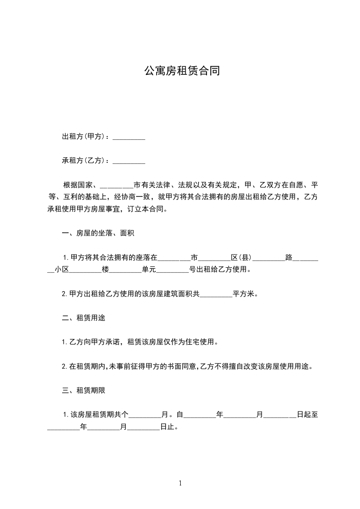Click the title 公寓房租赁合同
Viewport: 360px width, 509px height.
(x=182, y=71)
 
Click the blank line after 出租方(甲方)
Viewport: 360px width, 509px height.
(x=128, y=137)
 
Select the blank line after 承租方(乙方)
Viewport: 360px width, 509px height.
(x=128, y=161)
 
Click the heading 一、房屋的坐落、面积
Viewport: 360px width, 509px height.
(x=98, y=234)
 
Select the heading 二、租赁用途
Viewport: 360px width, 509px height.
(x=83, y=318)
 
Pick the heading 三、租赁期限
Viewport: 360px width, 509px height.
(x=83, y=390)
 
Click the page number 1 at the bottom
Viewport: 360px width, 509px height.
(x=180, y=483)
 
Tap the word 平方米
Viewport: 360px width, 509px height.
(x=245, y=294)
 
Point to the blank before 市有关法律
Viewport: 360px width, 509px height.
(x=116, y=186)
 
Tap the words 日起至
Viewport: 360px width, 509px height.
(x=310, y=415)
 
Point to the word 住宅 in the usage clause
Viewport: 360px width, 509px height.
(x=192, y=342)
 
